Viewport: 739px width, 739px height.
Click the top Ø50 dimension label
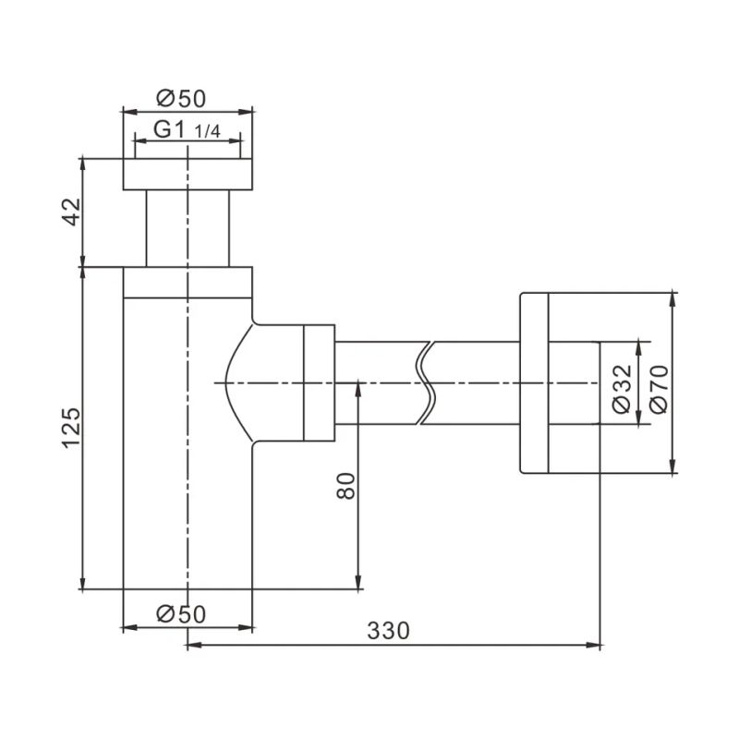click(x=180, y=98)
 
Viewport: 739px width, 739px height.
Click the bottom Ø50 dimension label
click(x=180, y=612)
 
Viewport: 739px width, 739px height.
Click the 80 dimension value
click(x=346, y=485)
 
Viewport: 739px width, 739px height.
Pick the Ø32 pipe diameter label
click(x=622, y=383)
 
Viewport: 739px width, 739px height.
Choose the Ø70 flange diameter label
click(x=657, y=383)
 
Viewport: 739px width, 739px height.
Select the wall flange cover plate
click(x=536, y=383)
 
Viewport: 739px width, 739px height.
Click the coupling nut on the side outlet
click(x=319, y=382)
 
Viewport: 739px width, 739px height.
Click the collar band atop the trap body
click(x=188, y=283)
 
